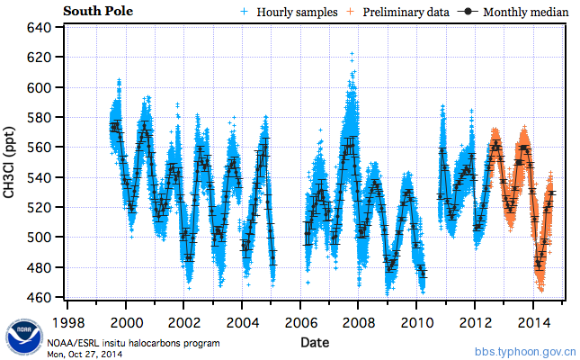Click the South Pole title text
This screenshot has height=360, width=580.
point(97,11)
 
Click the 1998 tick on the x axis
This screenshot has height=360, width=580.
point(69,321)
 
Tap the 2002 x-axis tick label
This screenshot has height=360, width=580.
point(184,321)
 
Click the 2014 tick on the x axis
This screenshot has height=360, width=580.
point(532,321)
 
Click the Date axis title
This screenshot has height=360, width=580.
point(315,342)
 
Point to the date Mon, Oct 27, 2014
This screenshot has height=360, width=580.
point(87,353)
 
